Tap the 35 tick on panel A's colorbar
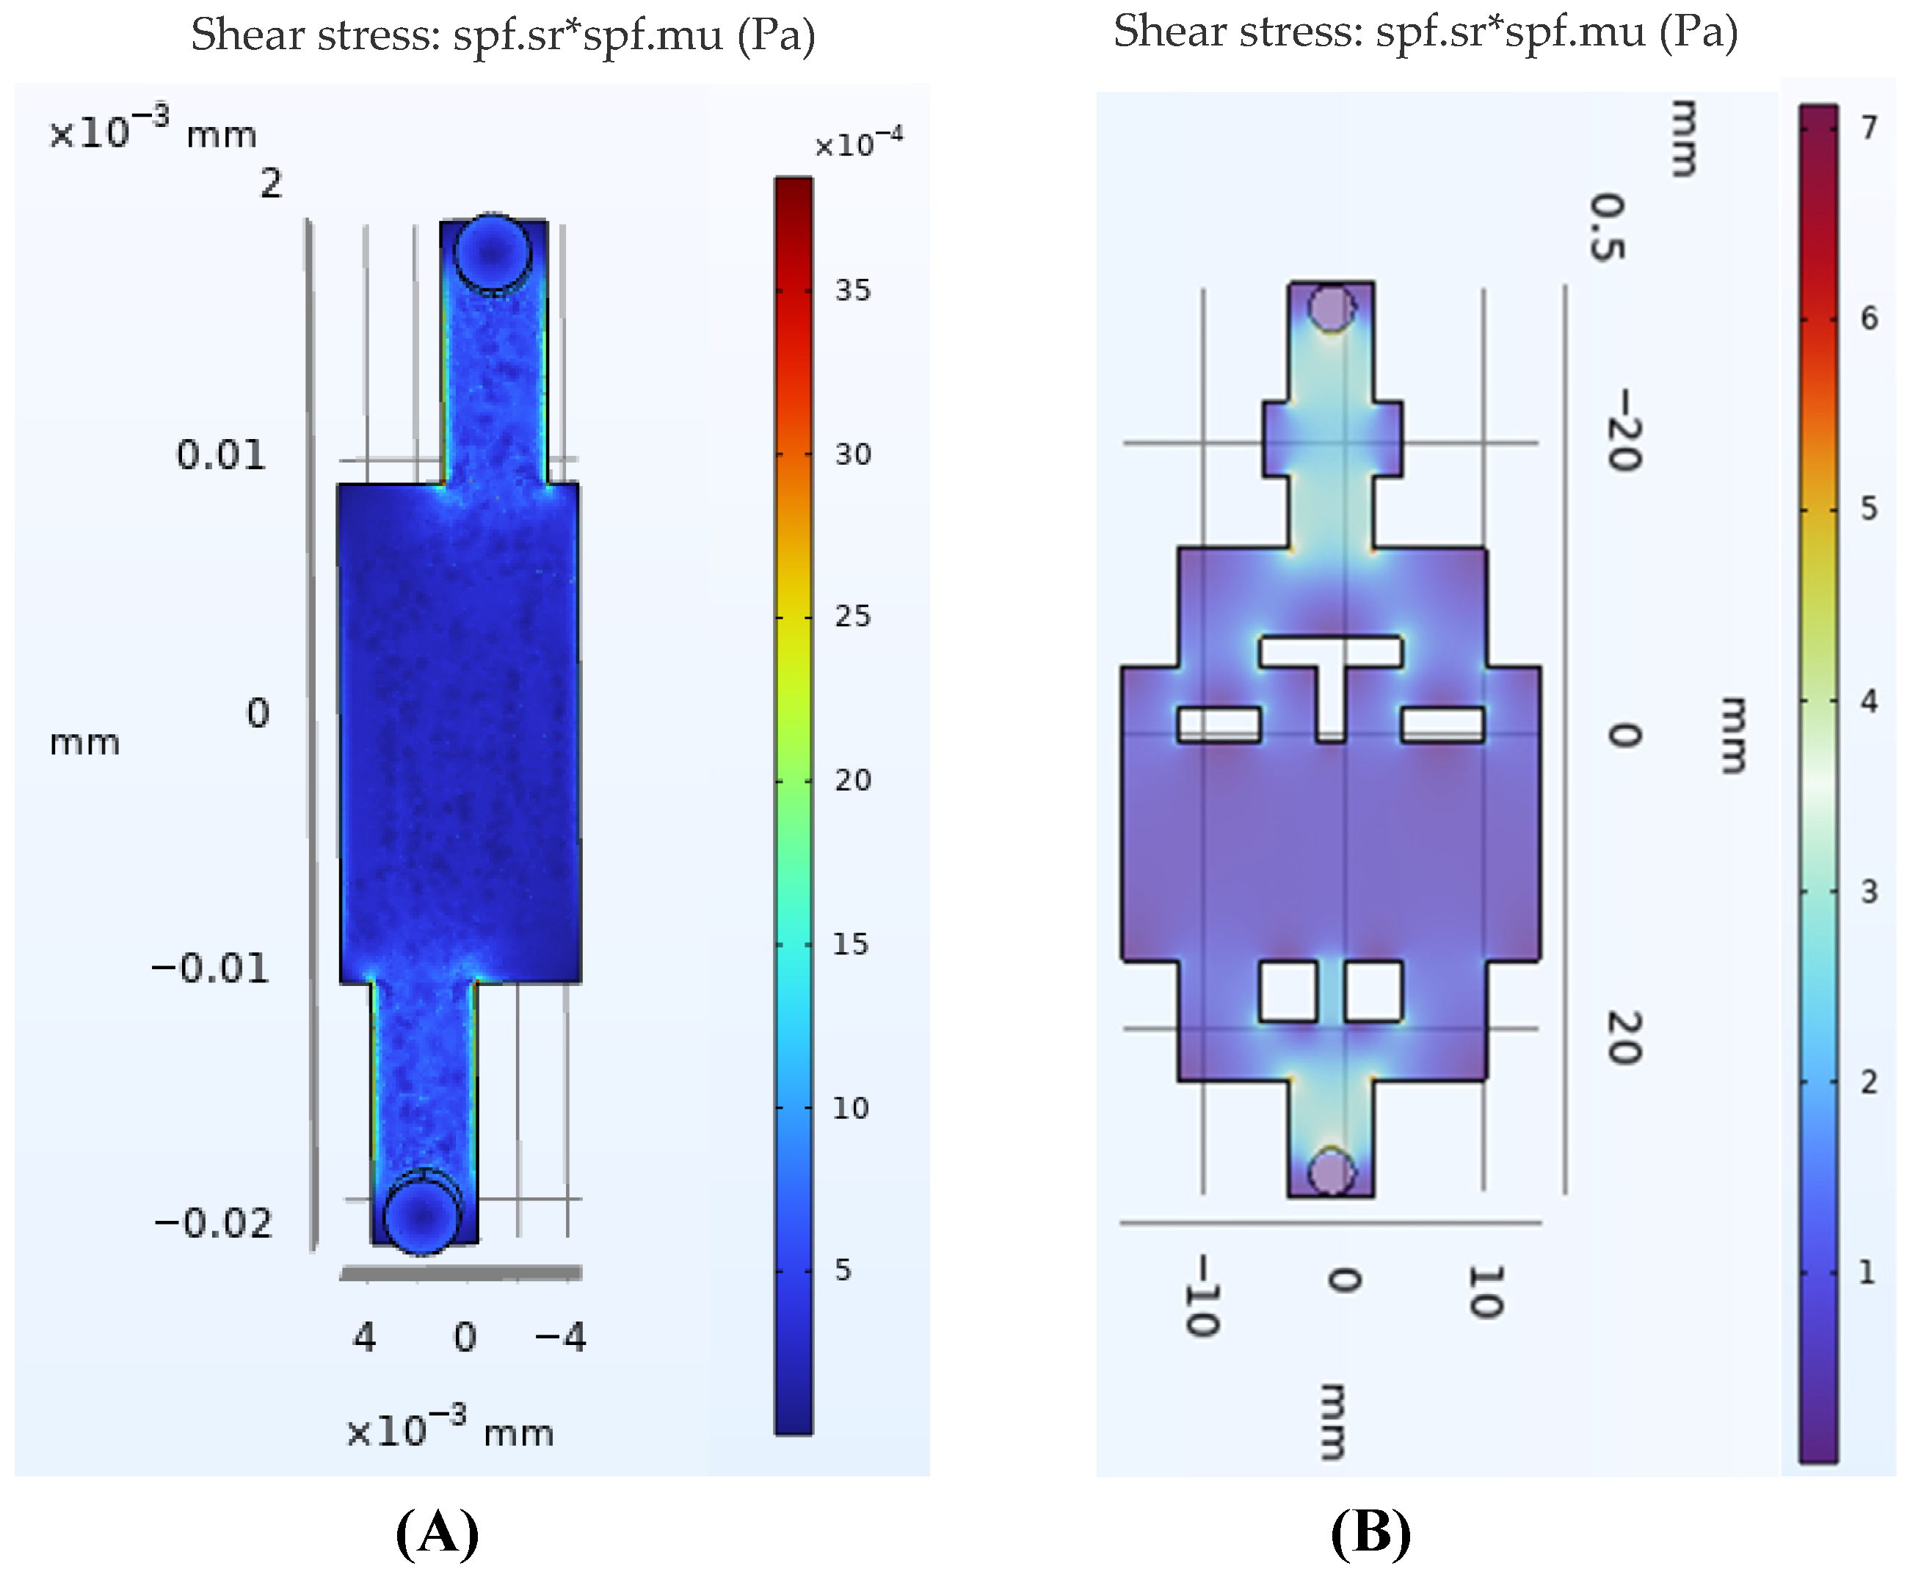(853, 291)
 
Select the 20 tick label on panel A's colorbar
(853, 780)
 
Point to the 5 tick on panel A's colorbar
(843, 1270)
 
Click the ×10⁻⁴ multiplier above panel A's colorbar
(858, 142)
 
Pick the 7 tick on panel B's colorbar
(1869, 127)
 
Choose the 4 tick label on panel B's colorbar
(1869, 701)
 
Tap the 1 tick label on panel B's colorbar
(1867, 1272)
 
